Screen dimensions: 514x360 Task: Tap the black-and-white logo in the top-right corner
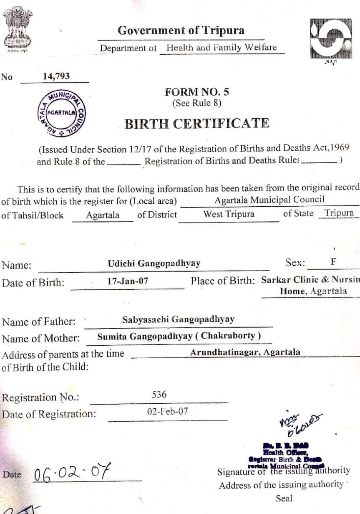coord(331,38)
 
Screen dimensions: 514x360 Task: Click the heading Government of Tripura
coord(181,30)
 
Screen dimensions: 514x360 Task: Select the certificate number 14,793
coord(56,76)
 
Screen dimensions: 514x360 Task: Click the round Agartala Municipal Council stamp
coord(61,113)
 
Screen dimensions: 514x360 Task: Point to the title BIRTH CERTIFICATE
coord(197,124)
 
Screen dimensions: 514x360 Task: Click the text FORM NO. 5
coord(197,92)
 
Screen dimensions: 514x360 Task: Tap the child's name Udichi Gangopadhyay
coord(154,263)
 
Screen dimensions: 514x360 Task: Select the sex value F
coord(333,262)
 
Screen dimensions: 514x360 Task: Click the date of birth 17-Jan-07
coord(127,281)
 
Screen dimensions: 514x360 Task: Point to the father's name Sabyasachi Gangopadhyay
coord(178,320)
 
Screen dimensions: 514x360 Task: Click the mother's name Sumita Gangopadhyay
coord(145,336)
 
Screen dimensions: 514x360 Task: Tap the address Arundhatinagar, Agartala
coord(245,352)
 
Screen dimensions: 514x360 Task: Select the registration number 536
coord(159,394)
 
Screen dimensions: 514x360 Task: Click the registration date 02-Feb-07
coord(168,411)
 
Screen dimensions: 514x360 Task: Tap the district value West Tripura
coord(229,214)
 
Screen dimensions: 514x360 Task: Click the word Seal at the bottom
coord(284,498)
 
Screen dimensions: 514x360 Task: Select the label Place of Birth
coord(222,281)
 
